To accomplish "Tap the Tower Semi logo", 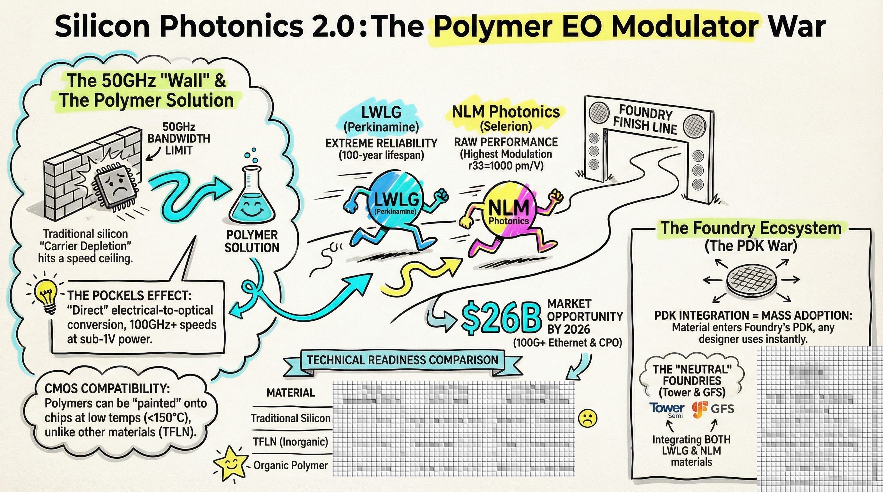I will pos(667,409).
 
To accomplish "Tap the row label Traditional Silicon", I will pos(290,418).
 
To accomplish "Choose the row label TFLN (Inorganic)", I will pos(290,442).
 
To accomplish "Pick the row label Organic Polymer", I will pos(290,465).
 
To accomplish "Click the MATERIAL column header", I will pos(291,392).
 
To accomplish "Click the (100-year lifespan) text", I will pos(381,156).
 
